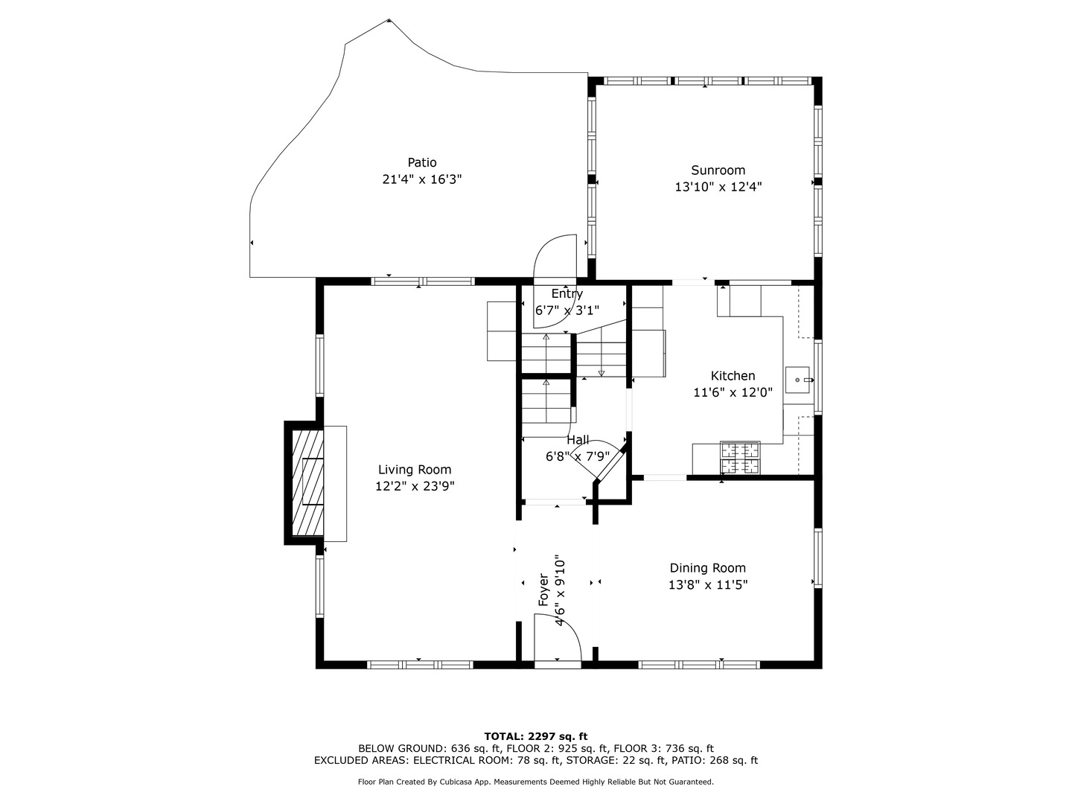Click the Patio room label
click(422, 162)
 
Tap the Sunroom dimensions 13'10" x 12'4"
click(718, 187)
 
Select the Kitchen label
click(733, 376)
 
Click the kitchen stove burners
click(740, 458)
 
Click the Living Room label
click(415, 470)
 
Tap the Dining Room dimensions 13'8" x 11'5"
click(708, 585)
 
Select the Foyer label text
click(543, 590)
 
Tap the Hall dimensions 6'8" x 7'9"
click(578, 456)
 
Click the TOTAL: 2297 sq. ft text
click(536, 737)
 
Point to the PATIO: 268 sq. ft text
click(715, 760)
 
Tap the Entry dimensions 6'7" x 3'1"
click(567, 310)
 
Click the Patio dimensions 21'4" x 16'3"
click(422, 179)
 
